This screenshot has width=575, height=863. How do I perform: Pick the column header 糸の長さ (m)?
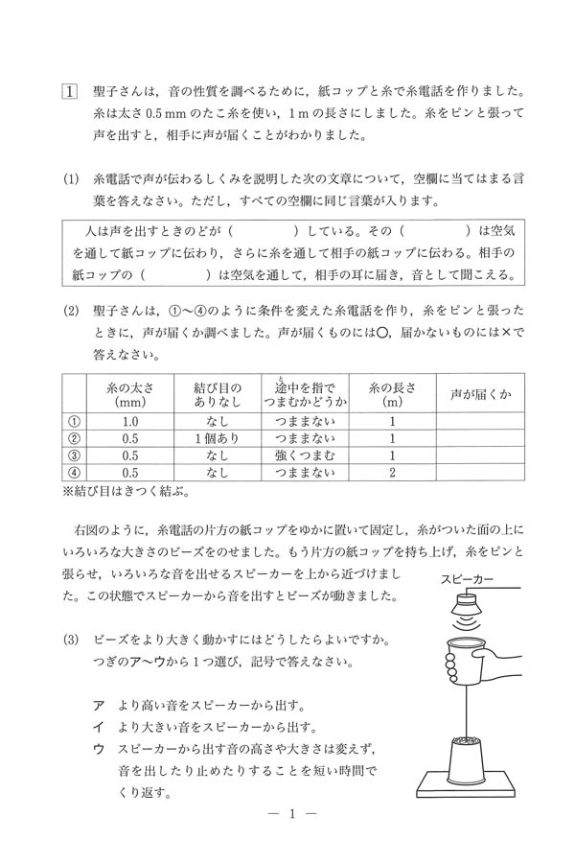(x=392, y=393)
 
